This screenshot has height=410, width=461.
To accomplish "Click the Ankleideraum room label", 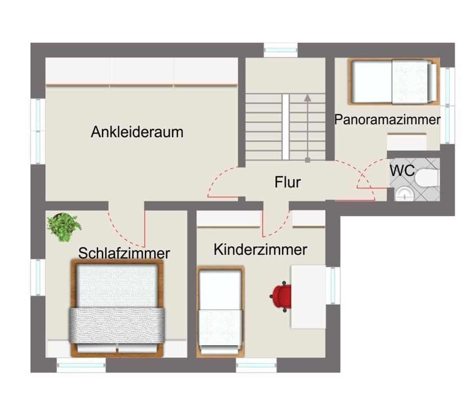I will click(137, 132).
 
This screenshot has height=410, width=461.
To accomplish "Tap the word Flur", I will click(287, 183).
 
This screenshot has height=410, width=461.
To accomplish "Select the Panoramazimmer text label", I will click(387, 120).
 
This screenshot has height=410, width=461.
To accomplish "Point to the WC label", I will click(402, 171).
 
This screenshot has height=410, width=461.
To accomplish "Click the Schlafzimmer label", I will click(124, 253).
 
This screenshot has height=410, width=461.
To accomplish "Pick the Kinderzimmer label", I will click(260, 250).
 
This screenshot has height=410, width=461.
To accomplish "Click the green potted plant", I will click(64, 227).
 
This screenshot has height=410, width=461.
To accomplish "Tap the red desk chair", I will click(282, 296).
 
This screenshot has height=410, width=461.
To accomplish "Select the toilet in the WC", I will click(425, 178).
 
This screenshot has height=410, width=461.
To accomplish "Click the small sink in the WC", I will click(405, 194).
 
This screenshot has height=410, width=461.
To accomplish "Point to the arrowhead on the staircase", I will click(307, 97).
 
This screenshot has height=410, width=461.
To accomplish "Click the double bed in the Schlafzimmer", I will click(117, 308).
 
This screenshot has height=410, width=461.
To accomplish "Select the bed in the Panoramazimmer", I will click(394, 81).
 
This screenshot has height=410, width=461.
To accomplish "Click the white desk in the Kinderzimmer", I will click(308, 296).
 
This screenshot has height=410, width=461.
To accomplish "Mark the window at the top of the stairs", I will click(280, 49).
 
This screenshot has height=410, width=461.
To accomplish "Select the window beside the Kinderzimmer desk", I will click(333, 285).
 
